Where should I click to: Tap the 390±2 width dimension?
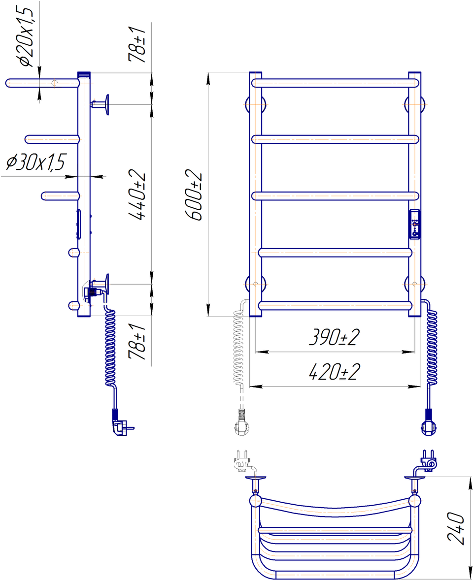[x=335, y=337]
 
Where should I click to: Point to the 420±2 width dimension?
[x=335, y=372]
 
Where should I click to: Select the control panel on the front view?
[x=414, y=224]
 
